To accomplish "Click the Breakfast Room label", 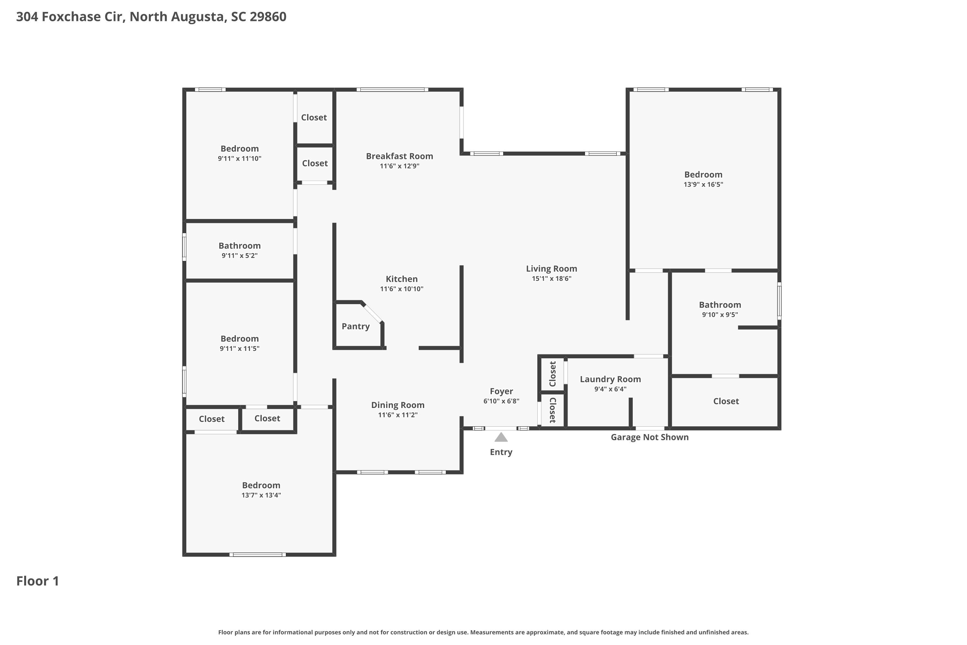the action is coord(399,156).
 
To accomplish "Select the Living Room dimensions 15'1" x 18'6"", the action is coord(551,279).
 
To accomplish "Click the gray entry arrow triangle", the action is coord(501,437).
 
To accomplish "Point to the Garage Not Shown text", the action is coord(650,437).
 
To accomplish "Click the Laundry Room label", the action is coord(610,379).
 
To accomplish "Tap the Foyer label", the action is coord(501,392).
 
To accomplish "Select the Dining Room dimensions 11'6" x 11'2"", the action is coord(397,415).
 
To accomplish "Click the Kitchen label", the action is coord(402,279).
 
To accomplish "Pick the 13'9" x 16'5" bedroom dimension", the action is coord(703,185).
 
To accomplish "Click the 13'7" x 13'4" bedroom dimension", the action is coord(261,495).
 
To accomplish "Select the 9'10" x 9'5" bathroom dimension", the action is coord(719,315).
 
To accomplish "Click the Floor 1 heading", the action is coord(37,581).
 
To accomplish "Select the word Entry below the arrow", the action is coord(501,452).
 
